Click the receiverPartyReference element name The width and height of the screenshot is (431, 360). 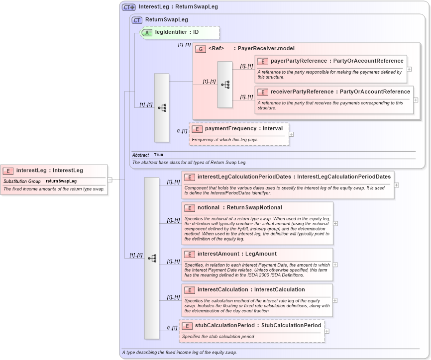(302, 92)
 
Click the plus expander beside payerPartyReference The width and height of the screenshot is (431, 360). (409, 69)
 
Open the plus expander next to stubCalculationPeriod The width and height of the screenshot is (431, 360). (326, 331)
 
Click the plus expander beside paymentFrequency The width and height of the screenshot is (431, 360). (291, 134)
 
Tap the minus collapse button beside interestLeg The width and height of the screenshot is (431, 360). (109, 180)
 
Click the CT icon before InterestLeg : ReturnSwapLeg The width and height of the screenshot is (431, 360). (129, 7)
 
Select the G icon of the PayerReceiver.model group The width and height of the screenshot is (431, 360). (201, 49)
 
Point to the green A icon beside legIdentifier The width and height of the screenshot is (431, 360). (148, 32)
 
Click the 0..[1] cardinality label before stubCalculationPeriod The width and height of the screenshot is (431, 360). (171, 328)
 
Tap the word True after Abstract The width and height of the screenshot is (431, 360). (158, 155)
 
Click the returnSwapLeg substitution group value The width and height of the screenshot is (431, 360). (61, 181)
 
